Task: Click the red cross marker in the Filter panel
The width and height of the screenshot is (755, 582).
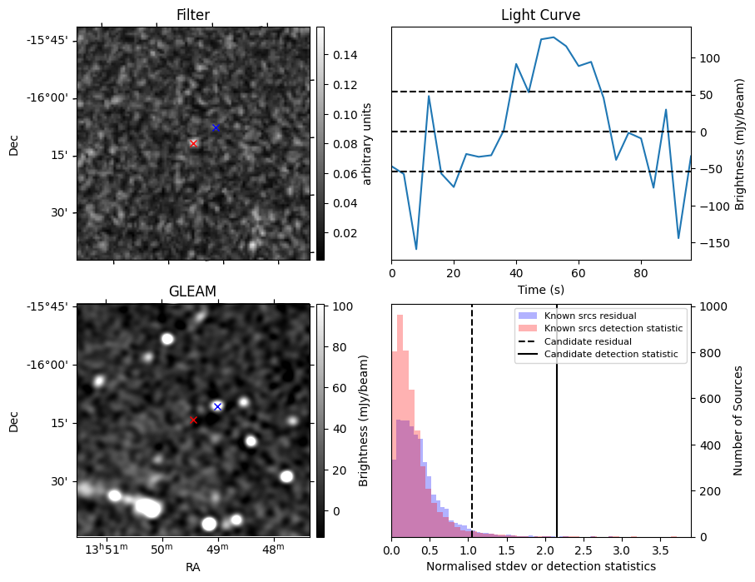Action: pos(193,143)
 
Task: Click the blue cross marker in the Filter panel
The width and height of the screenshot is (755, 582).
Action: pos(216,127)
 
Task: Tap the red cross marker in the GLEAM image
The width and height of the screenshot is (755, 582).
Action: pos(193,420)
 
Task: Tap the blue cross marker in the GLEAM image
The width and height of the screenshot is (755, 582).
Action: pos(217,406)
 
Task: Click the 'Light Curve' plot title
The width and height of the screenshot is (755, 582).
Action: pos(540,15)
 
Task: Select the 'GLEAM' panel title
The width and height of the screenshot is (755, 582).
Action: pos(192,291)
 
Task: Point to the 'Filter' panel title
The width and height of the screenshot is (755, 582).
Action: pos(192,15)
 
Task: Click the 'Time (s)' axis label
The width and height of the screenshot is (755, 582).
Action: pos(540,289)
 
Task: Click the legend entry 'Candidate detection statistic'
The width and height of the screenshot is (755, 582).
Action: pos(612,355)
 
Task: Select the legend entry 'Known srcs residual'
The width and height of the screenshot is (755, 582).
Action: pos(589,316)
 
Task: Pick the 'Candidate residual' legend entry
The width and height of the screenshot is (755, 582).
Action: pos(588,341)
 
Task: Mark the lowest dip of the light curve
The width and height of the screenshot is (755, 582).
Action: pos(416,249)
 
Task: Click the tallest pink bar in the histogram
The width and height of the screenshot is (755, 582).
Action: pos(400,416)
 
